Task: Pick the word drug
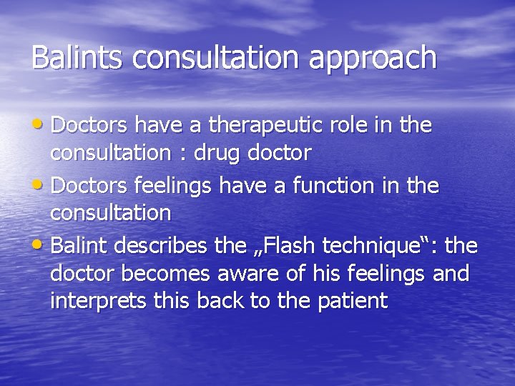coord(215,153)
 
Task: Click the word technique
coord(377,247)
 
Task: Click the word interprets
coord(99,301)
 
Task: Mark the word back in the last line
coord(219,301)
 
